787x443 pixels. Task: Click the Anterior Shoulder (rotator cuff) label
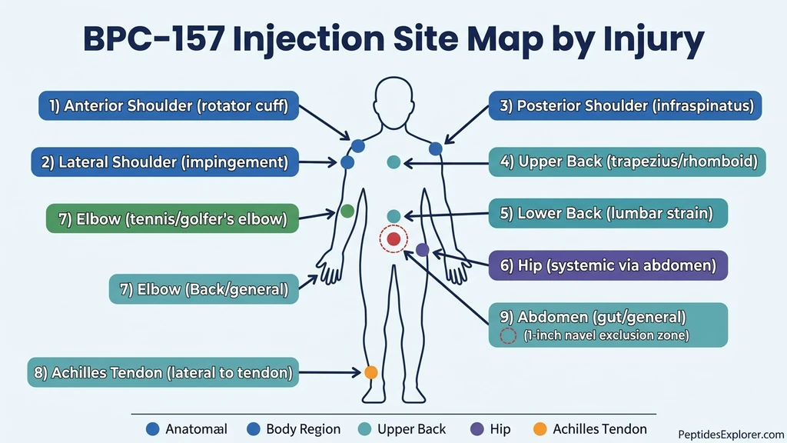coord(168,106)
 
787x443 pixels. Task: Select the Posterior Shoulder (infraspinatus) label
coord(626,106)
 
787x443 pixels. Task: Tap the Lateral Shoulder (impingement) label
coord(164,162)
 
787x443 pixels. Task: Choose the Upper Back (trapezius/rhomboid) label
coord(627,162)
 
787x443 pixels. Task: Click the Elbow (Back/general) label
coord(204,289)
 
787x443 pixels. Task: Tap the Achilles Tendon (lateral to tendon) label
coord(162,372)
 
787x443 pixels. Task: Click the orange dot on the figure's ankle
coord(370,372)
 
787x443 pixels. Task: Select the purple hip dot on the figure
coord(422,249)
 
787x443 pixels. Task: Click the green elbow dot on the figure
coord(347,211)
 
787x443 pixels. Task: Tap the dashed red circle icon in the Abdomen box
coord(507,335)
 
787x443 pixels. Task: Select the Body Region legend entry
coord(294,429)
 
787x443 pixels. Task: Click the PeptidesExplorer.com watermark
coord(731,435)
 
